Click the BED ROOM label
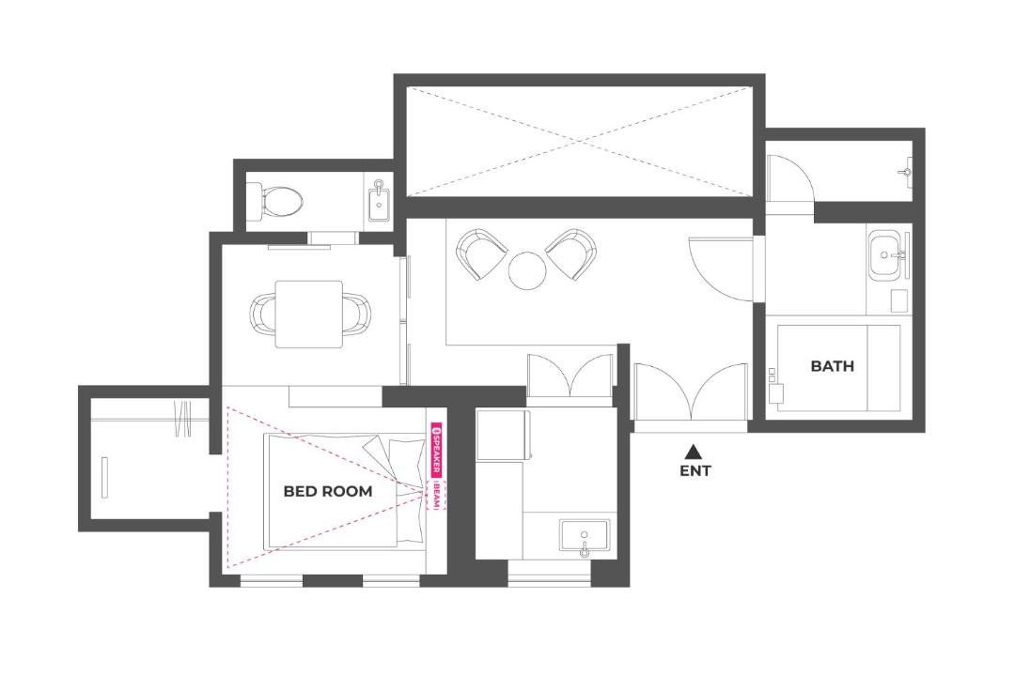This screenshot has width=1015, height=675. click(328, 491)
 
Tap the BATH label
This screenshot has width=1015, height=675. click(832, 366)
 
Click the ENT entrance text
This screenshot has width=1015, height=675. click(695, 470)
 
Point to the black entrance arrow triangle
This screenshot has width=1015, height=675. click(694, 451)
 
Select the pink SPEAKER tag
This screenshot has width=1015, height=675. click(437, 451)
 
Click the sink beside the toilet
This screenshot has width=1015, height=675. click(380, 201)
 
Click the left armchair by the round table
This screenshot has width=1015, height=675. click(481, 253)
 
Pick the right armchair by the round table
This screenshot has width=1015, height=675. click(571, 253)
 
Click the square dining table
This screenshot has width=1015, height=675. click(309, 314)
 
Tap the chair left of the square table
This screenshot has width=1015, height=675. click(263, 314)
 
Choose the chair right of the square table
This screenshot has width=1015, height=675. click(357, 314)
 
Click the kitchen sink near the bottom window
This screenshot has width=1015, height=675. click(585, 538)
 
